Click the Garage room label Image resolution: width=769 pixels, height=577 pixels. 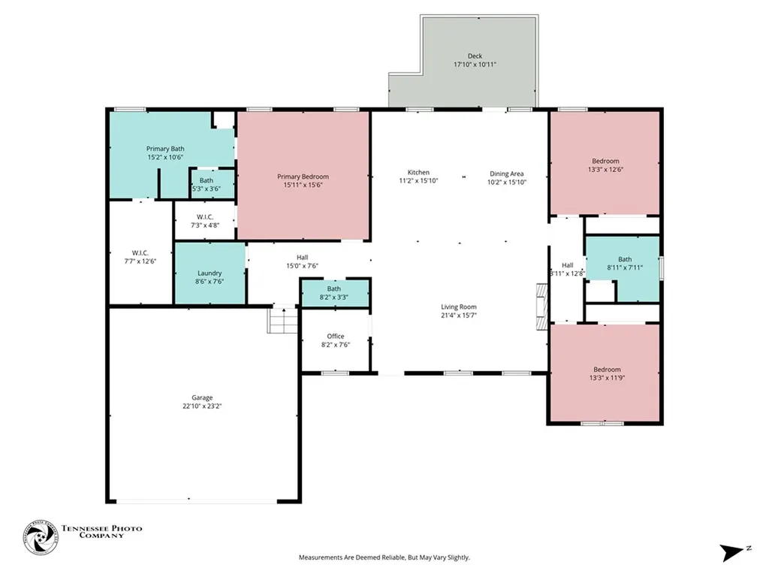coord(202,397)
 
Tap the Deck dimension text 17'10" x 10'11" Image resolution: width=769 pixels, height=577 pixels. coord(475,65)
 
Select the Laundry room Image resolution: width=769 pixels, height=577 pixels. coord(210,273)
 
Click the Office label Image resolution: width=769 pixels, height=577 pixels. coord(336,336)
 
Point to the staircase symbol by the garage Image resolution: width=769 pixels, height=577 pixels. coord(282,320)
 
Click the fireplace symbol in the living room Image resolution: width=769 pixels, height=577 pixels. coord(542,307)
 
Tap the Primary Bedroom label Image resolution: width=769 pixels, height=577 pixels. coord(303,177)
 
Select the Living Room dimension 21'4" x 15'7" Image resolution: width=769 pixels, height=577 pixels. coord(459,316)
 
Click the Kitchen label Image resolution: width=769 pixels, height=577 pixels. coord(418,172)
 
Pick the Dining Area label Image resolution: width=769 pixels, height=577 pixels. coord(507,174)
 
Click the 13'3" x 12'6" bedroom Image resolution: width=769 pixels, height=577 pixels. coord(605,163)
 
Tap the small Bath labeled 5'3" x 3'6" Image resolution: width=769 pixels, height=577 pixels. coord(213,184)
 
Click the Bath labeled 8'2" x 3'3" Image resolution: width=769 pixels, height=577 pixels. coord(334,293)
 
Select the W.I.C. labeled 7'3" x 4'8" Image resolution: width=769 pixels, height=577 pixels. coord(205,220)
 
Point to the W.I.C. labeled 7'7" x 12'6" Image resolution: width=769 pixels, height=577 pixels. coord(140,252)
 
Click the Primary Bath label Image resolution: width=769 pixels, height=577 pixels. coord(165,149)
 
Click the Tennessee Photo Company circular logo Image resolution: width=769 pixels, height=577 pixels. coord(41,537)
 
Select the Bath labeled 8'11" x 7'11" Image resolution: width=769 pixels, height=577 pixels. coord(623,268)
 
